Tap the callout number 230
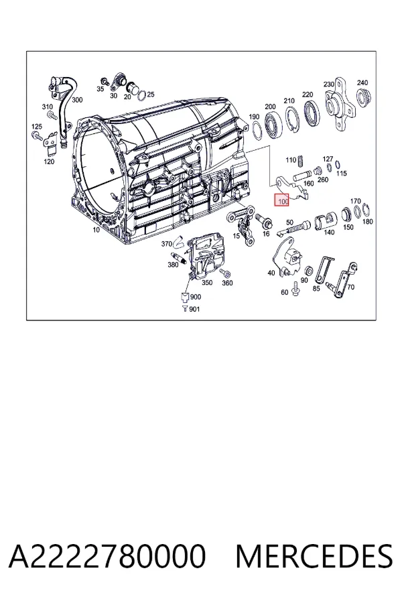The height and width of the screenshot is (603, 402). point(329,84)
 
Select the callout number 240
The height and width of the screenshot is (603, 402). point(362,82)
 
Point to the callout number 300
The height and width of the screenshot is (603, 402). point(77,100)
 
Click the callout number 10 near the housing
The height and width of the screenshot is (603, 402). point(96,230)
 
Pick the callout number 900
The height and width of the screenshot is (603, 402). point(195,297)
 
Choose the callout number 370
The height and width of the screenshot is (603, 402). point(167,244)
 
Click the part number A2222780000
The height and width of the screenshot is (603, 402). point(107,555)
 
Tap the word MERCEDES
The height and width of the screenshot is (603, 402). point(314,555)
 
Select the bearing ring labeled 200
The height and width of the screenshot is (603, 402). point(273,124)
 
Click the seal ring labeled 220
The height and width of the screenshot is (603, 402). point(312,113)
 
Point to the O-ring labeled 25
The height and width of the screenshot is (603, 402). point(142,94)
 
